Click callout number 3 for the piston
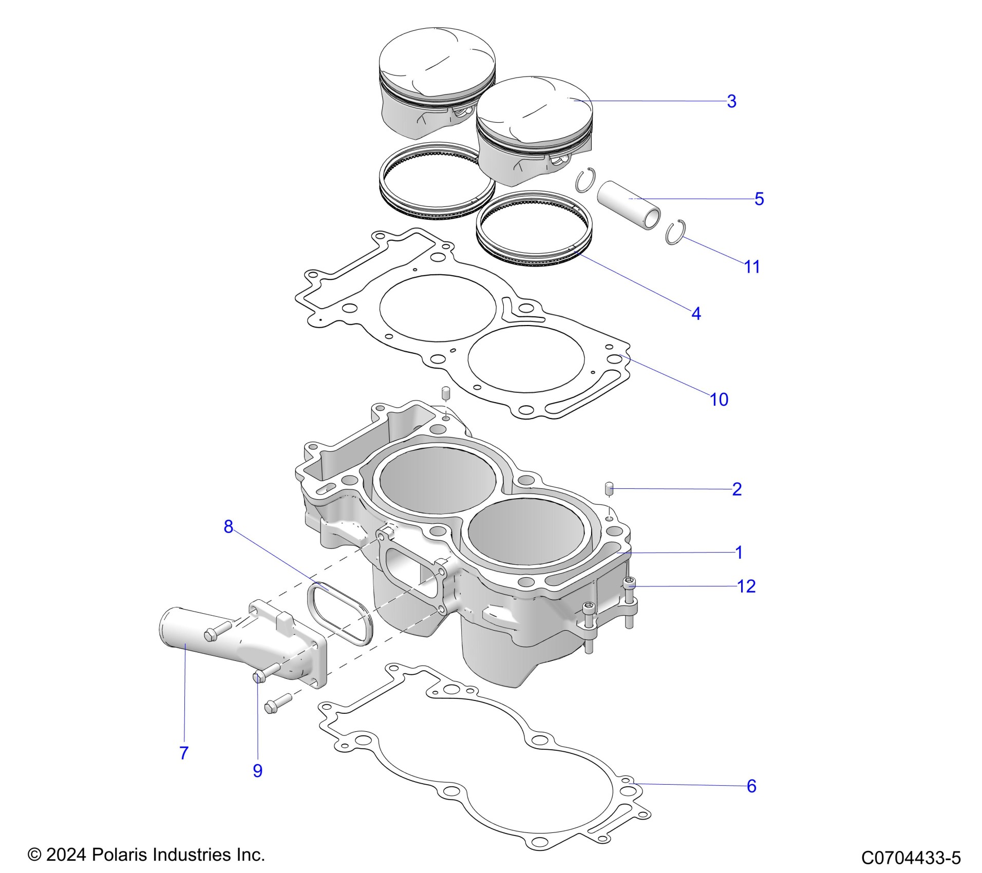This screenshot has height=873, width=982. pos(731,101)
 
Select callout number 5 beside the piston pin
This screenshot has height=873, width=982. pos(759,199)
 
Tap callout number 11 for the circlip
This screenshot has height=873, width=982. pos(752,267)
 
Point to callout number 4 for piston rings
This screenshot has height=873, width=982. pos(696,313)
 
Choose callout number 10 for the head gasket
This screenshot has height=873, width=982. pos(719,399)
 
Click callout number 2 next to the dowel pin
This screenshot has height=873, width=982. pos(736,489)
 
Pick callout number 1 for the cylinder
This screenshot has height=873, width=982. pos(739,553)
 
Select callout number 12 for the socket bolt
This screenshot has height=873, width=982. pos(746,586)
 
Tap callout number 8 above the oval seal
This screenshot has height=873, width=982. pos(229,526)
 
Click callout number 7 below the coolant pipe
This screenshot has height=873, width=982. pos(184,752)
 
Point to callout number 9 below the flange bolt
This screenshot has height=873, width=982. pos(257,770)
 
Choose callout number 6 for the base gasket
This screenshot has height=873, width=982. pos(751,786)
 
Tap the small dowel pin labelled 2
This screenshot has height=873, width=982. pos(609,488)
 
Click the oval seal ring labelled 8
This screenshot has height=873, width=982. pos(338,613)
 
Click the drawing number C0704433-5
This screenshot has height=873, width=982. pos(911,858)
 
